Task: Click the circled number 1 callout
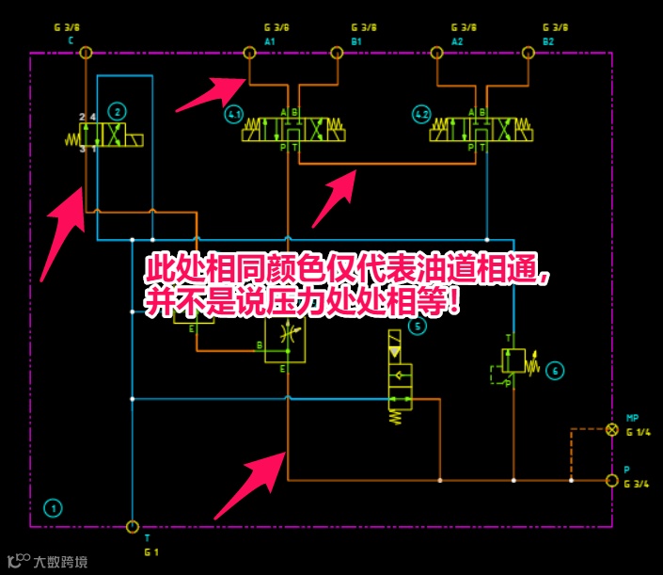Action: tap(53, 508)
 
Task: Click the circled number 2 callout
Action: tap(117, 111)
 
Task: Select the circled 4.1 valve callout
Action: tap(233, 115)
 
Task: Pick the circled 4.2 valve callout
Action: tap(421, 115)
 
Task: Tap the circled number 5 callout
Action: tap(418, 327)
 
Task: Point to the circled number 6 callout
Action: tap(555, 371)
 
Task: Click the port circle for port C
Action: tap(86, 53)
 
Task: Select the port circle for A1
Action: tap(249, 53)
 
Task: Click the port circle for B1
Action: tap(336, 53)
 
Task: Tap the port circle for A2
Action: tap(436, 53)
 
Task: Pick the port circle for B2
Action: tap(528, 53)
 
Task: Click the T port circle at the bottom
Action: tap(132, 526)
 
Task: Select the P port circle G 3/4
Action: tap(612, 481)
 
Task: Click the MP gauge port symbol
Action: tap(612, 430)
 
